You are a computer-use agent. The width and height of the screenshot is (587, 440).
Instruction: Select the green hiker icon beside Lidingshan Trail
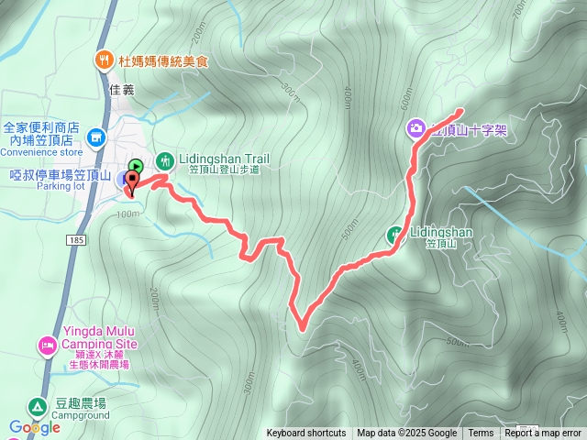click(165, 159)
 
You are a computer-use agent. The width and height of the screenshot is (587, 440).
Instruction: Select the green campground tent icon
click(36, 406)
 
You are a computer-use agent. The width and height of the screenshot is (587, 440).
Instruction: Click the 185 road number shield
click(75, 239)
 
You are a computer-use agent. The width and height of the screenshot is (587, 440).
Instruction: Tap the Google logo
click(35, 427)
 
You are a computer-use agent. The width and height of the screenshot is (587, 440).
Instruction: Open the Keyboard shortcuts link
click(306, 434)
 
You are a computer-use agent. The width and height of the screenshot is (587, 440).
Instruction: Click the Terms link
click(481, 434)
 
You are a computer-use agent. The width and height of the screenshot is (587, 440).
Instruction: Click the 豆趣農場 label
click(81, 403)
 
